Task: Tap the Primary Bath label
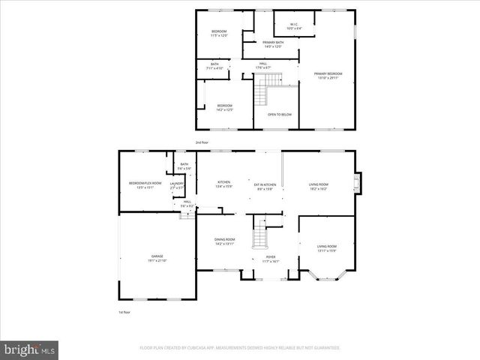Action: coord(272,44)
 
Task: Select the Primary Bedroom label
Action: coord(328,74)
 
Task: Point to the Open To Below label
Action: coord(279,115)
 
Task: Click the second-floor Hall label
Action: coord(263,65)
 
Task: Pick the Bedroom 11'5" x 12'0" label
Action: coord(219,33)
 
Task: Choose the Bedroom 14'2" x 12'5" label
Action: coord(224,107)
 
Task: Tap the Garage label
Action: coord(158,258)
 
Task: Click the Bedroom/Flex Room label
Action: coord(145,184)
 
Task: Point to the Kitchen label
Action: coord(223,184)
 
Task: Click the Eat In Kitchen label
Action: coord(265,186)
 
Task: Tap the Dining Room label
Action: coord(225,242)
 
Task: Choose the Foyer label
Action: coord(270,259)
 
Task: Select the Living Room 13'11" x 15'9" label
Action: coord(326,248)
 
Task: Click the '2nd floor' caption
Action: coord(202,142)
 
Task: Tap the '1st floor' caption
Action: coord(124,311)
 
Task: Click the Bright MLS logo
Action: coord(30,349)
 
